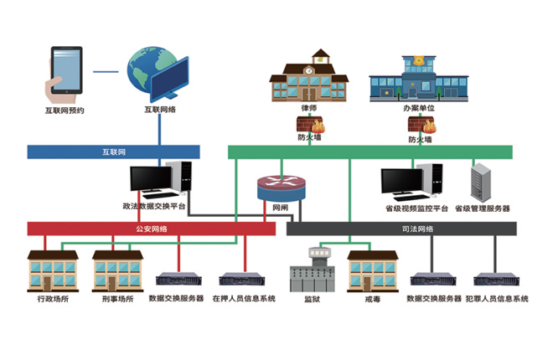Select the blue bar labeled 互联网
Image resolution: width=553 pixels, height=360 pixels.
pyautogui.click(x=113, y=152)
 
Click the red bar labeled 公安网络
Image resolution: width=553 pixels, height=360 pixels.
pyautogui.click(x=152, y=229)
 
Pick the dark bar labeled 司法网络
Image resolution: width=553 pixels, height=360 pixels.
pyautogui.click(x=401, y=229)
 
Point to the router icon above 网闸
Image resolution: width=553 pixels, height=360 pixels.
pyautogui.click(x=279, y=186)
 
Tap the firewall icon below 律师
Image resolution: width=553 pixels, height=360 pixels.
pyautogui.click(x=304, y=126)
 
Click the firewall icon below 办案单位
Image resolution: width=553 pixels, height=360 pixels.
pyautogui.click(x=420, y=126)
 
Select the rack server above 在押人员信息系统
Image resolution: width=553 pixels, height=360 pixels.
pyautogui.click(x=243, y=280)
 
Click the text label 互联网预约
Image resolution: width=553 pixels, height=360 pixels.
pyautogui.click(x=65, y=111)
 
